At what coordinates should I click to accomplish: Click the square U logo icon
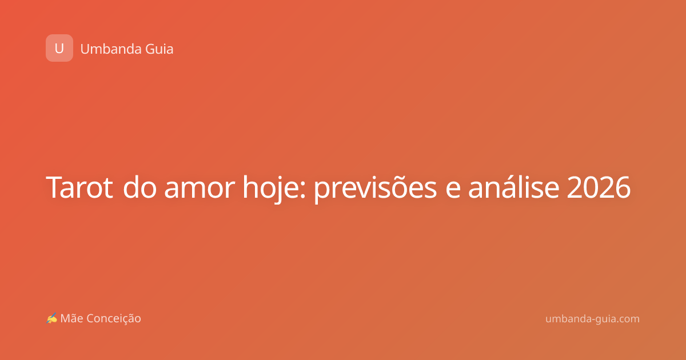click(59, 48)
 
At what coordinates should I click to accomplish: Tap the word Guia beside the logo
click(159, 49)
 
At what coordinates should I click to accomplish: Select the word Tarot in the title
click(79, 187)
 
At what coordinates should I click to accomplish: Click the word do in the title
click(140, 187)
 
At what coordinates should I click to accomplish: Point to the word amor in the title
click(200, 190)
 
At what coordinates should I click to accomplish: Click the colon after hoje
click(303, 190)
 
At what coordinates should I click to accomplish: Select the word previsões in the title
click(376, 189)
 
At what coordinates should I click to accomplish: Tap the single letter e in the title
click(453, 190)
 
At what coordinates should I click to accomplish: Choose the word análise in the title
click(513, 187)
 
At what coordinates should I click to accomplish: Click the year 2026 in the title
click(599, 187)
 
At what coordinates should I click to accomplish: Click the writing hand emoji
click(51, 318)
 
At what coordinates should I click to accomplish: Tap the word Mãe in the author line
click(71, 318)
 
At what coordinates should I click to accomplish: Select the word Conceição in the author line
click(114, 319)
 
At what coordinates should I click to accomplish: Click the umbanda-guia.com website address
click(592, 319)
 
